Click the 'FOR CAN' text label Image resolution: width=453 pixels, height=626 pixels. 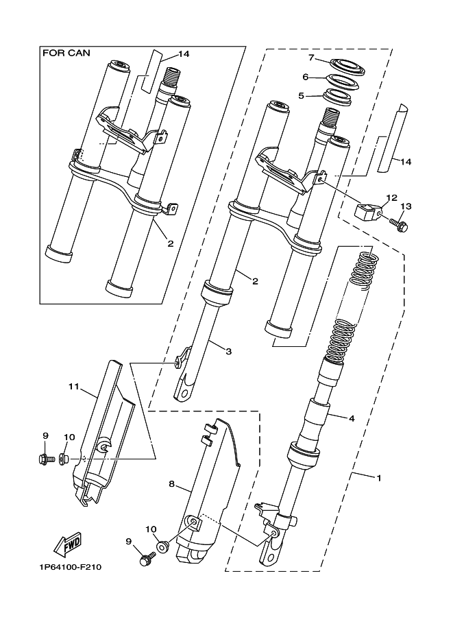pyautogui.click(x=66, y=53)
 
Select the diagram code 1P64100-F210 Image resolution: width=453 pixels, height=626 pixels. pyautogui.click(x=70, y=567)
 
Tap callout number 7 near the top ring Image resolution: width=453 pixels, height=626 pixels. pyautogui.click(x=312, y=58)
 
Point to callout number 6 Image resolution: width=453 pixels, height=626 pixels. pyautogui.click(x=306, y=77)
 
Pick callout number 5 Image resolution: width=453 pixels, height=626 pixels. pyautogui.click(x=302, y=96)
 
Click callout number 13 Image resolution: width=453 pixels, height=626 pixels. pyautogui.click(x=406, y=206)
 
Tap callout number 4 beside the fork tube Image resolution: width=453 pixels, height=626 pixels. pyautogui.click(x=351, y=418)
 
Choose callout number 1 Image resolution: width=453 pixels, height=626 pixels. pyautogui.click(x=379, y=477)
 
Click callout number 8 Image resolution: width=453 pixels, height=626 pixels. pyautogui.click(x=171, y=484)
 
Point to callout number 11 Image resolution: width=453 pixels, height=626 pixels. pyautogui.click(x=73, y=387)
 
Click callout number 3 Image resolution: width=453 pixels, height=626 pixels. pyautogui.click(x=228, y=351)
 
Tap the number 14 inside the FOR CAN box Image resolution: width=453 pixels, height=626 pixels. pyautogui.click(x=184, y=54)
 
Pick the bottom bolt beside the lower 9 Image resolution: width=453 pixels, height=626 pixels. pyautogui.click(x=146, y=557)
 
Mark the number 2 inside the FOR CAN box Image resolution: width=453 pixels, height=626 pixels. pyautogui.click(x=171, y=243)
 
